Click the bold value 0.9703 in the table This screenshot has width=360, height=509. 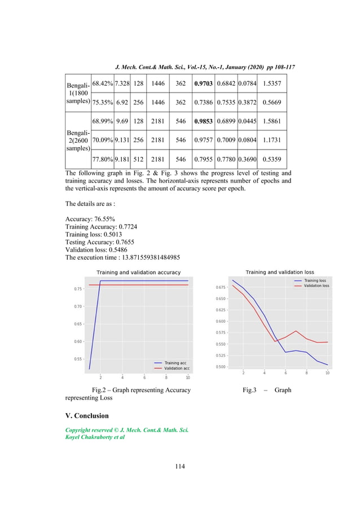coord(203,84)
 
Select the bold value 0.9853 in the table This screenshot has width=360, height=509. coord(203,121)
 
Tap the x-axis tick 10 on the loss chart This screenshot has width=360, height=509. coord(327,374)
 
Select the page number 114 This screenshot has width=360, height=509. coord(180,466)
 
